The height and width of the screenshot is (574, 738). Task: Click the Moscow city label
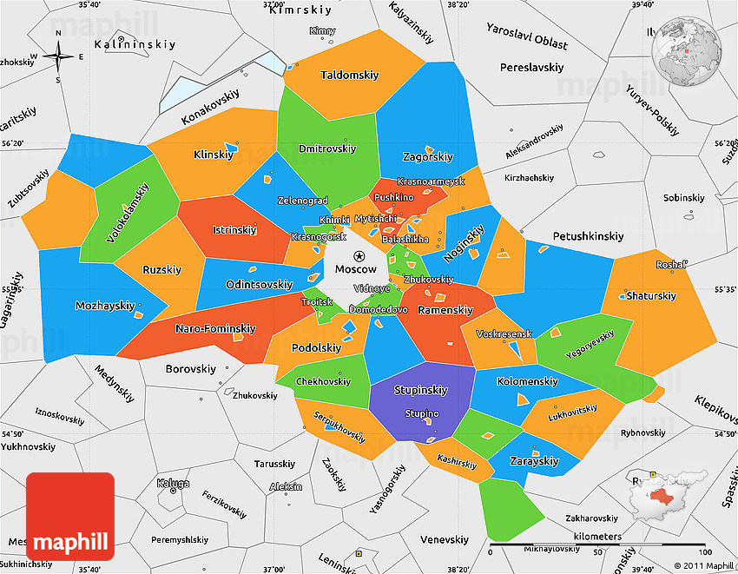[356, 270]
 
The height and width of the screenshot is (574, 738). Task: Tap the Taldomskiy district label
[349, 76]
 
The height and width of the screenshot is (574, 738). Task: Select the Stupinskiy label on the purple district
[421, 391]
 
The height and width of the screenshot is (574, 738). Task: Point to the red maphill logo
[70, 518]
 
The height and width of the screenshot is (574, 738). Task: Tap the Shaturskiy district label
[651, 296]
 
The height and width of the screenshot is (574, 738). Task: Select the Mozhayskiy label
[105, 306]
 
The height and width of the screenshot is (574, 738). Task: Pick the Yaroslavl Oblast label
[527, 43]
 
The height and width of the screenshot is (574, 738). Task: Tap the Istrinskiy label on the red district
[234, 231]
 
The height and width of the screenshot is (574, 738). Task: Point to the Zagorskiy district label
[428, 157]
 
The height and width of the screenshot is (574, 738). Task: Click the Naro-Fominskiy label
[215, 329]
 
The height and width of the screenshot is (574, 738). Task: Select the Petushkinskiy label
[589, 236]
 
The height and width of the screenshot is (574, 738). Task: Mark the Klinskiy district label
[214, 155]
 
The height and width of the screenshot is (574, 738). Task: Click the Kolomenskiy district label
[527, 382]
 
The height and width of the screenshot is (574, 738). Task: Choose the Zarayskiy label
[535, 461]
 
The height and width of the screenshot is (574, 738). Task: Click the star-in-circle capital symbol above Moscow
[359, 255]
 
